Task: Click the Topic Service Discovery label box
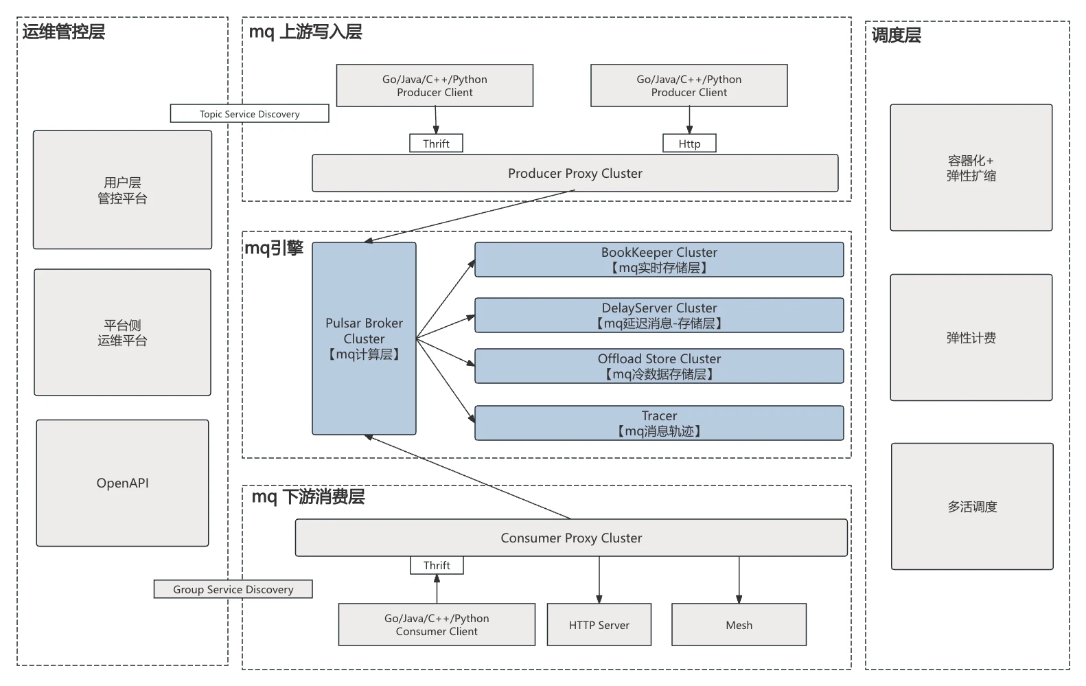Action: tap(249, 114)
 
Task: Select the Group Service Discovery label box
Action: tap(233, 589)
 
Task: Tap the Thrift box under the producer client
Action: tap(436, 144)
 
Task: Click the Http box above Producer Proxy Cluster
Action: tap(689, 144)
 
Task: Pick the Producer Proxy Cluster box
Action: tap(575, 173)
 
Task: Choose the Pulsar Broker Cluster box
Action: tap(364, 339)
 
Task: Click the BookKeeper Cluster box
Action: tap(659, 260)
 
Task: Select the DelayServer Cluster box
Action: tap(659, 315)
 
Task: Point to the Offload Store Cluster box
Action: tap(659, 366)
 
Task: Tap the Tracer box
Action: tap(659, 423)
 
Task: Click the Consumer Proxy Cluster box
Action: tap(571, 538)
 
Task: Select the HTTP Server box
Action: tap(599, 625)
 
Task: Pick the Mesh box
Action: tap(739, 625)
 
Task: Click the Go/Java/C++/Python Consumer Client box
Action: tap(437, 625)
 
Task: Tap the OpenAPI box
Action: tap(122, 483)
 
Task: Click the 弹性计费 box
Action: tap(971, 338)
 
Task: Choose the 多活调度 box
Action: tap(972, 507)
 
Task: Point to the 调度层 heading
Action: tap(896, 36)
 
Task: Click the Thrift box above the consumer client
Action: tap(437, 565)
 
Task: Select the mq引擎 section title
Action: tap(274, 248)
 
